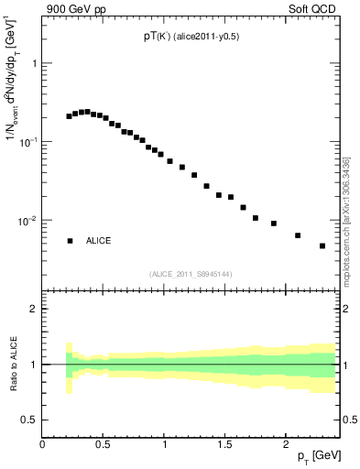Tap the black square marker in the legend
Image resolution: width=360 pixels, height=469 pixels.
(70, 240)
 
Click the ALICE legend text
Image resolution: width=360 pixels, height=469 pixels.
(99, 240)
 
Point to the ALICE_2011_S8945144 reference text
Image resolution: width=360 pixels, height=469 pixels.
(190, 274)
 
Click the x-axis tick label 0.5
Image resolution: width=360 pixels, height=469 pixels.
(104, 444)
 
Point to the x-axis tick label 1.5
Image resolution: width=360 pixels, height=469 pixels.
(224, 444)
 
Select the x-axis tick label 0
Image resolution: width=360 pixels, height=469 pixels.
(43, 444)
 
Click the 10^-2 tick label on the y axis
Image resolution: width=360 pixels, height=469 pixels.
(27, 221)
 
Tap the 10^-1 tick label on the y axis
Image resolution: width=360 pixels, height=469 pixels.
(27, 142)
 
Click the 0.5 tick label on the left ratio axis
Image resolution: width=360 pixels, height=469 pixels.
(30, 420)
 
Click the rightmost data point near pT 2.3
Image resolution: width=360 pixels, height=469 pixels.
(322, 245)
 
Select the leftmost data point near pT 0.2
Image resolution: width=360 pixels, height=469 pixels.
(70, 116)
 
